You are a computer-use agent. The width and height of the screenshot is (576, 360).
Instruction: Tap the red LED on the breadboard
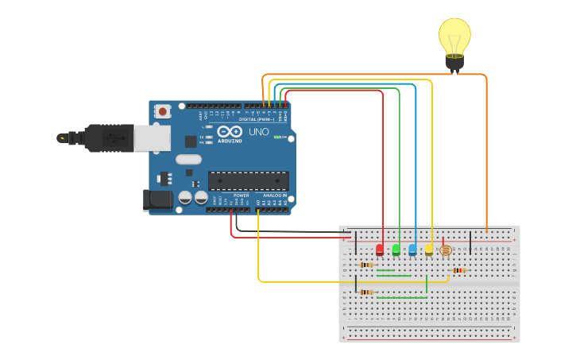[380, 250]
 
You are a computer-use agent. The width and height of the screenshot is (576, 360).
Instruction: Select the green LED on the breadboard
[396, 250]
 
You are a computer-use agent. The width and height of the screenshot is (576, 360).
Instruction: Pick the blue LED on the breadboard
[412, 250]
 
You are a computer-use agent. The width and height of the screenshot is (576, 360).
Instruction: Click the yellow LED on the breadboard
[429, 250]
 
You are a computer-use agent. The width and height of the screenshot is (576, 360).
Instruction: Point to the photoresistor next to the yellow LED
[445, 250]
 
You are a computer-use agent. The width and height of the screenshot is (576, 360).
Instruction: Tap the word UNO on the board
[259, 132]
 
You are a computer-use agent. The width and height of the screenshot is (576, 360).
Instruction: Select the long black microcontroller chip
[248, 180]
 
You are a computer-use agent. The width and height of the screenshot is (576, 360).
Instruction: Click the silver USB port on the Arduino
[151, 138]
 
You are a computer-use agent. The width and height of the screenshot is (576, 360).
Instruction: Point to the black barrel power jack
[157, 199]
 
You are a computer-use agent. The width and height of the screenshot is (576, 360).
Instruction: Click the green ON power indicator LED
[277, 137]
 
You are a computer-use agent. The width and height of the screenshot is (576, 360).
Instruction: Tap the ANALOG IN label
[274, 195]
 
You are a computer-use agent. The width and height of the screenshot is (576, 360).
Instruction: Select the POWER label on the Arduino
[241, 195]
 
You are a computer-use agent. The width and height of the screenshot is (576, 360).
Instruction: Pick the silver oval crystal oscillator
[188, 159]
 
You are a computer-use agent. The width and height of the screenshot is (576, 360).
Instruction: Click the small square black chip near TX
[191, 141]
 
